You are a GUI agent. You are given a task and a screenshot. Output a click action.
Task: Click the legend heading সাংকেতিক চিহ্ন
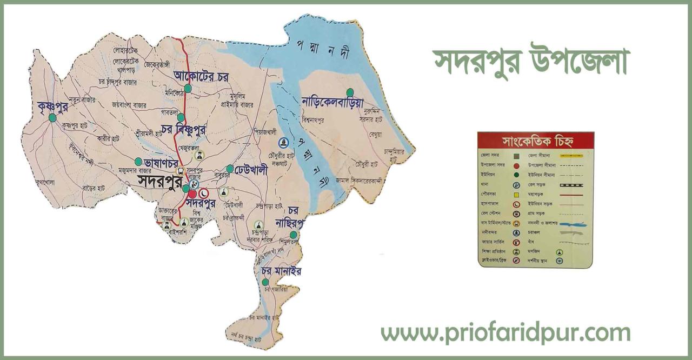pos(535,142)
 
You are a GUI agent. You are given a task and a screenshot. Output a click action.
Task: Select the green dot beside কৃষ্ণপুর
pos(52,117)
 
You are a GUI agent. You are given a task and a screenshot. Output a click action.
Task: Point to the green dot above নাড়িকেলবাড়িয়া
pos(350,92)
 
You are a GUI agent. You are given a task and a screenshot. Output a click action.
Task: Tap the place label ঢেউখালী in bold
pos(251,169)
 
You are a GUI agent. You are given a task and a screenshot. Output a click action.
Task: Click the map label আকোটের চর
pos(201,76)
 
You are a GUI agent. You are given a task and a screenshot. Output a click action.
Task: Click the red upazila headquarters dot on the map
pos(192,194)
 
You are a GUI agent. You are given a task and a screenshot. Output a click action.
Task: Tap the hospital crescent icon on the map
pos(204,192)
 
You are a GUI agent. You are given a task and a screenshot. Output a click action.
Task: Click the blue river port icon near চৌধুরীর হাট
pos(282,142)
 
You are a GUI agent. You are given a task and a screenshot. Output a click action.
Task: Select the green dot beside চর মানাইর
pos(265,282)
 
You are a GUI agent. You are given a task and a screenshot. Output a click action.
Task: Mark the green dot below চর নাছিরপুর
pos(293,235)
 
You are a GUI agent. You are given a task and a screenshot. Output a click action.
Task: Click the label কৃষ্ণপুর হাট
pos(75,125)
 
